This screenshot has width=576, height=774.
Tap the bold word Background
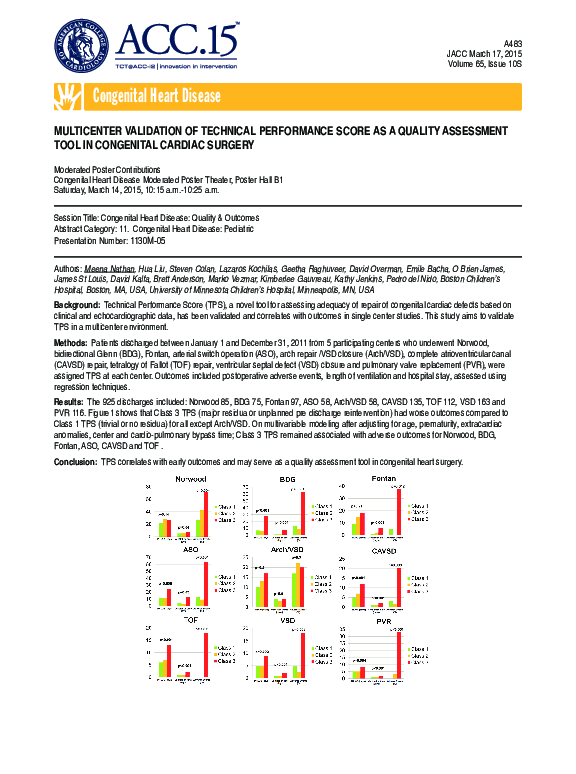tap(76, 304)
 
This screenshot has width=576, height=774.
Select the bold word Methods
tap(71, 342)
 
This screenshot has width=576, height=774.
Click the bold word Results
tap(70, 399)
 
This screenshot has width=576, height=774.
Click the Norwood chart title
tap(190, 480)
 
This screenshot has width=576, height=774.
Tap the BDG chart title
tap(287, 480)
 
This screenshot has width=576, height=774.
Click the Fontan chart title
tap(384, 480)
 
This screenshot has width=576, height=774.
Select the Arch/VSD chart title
tap(287, 549)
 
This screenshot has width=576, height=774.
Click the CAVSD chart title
tap(384, 549)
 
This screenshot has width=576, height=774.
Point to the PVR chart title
tap(384, 620)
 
